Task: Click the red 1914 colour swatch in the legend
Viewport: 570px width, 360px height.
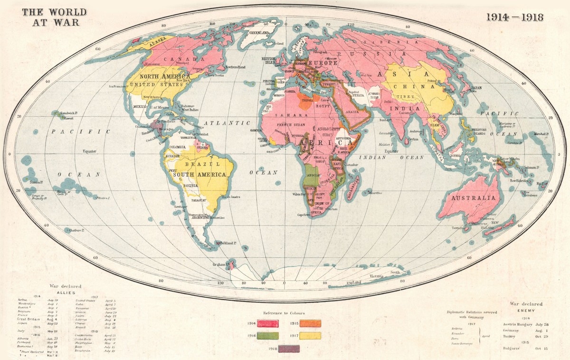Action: (268, 323)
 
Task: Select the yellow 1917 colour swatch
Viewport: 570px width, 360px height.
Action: (310, 336)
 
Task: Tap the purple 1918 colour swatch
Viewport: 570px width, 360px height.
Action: (289, 348)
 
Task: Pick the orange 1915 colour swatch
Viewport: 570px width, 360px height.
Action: (310, 323)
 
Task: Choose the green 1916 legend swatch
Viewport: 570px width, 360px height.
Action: (268, 336)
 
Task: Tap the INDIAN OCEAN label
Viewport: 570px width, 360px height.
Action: (384, 157)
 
